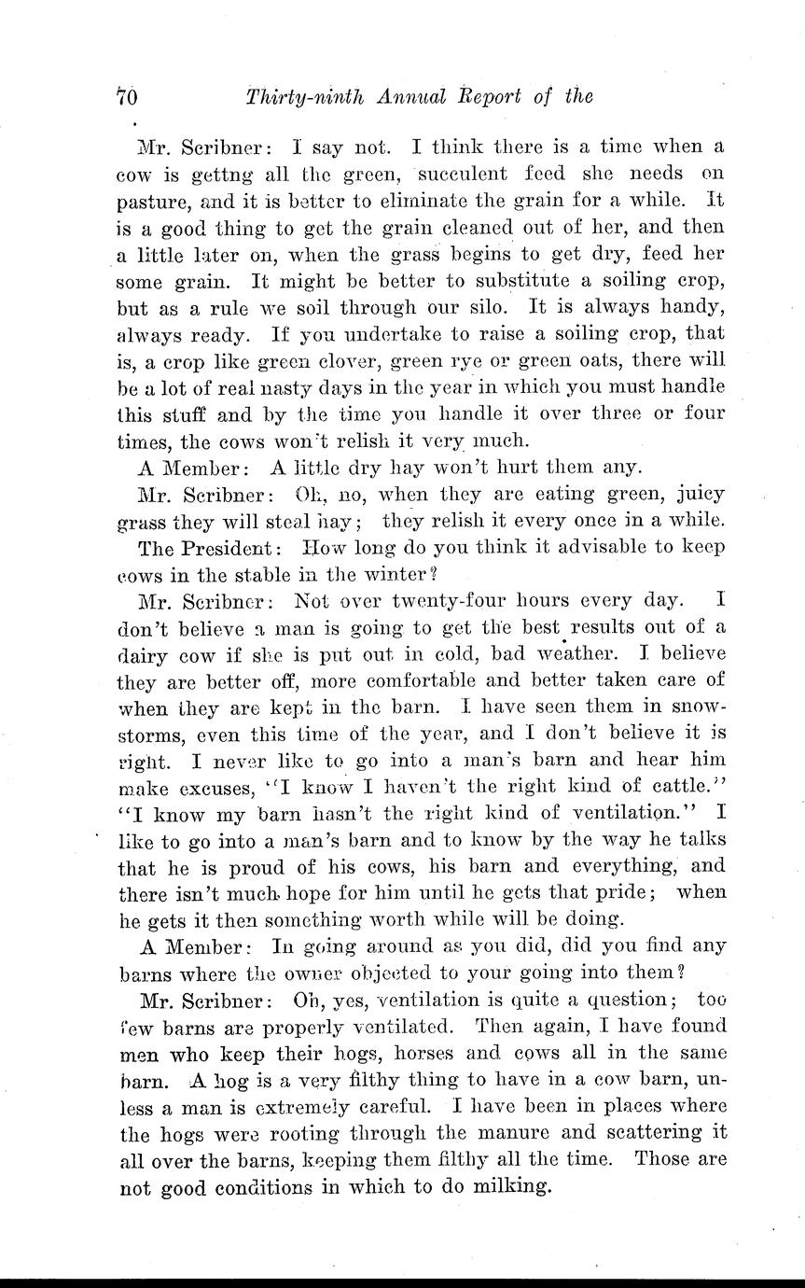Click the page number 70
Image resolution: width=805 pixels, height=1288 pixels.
[128, 96]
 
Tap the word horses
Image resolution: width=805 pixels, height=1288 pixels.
[418, 1054]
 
